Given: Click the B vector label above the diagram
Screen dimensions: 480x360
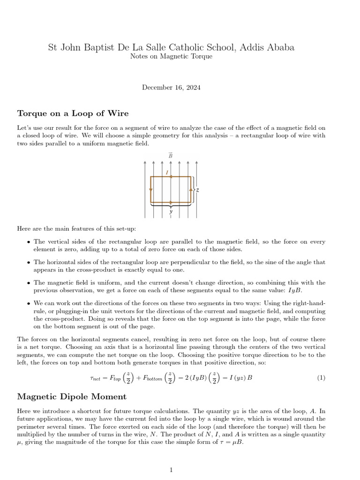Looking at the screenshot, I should point(170,155).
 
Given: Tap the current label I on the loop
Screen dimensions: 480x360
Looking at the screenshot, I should point(167,173).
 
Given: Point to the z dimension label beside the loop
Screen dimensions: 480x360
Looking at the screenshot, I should point(198,190).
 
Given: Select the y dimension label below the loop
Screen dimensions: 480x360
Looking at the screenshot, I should point(171,211).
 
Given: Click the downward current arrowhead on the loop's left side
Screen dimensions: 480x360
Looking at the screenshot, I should point(150,190).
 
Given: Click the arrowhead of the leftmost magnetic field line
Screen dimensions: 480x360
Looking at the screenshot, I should point(145,162).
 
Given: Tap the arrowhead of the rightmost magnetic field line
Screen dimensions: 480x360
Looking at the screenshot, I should point(196,162).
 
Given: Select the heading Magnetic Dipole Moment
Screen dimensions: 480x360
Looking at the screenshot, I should point(72,397).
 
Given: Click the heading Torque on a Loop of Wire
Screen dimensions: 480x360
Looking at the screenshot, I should point(73,113).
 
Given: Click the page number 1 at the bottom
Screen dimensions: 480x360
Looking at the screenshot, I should point(171,469).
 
